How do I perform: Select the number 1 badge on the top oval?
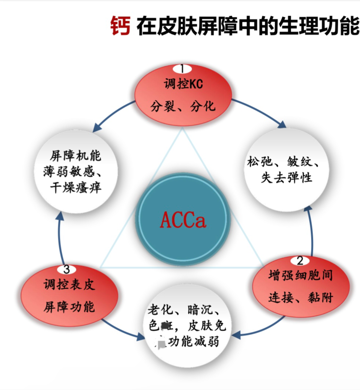click(182, 69)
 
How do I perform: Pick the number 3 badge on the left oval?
click(67, 270)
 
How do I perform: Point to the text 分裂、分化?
click(183, 106)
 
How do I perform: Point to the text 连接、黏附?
click(301, 298)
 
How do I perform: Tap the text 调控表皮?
click(69, 285)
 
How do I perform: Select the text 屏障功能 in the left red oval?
click(69, 307)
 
